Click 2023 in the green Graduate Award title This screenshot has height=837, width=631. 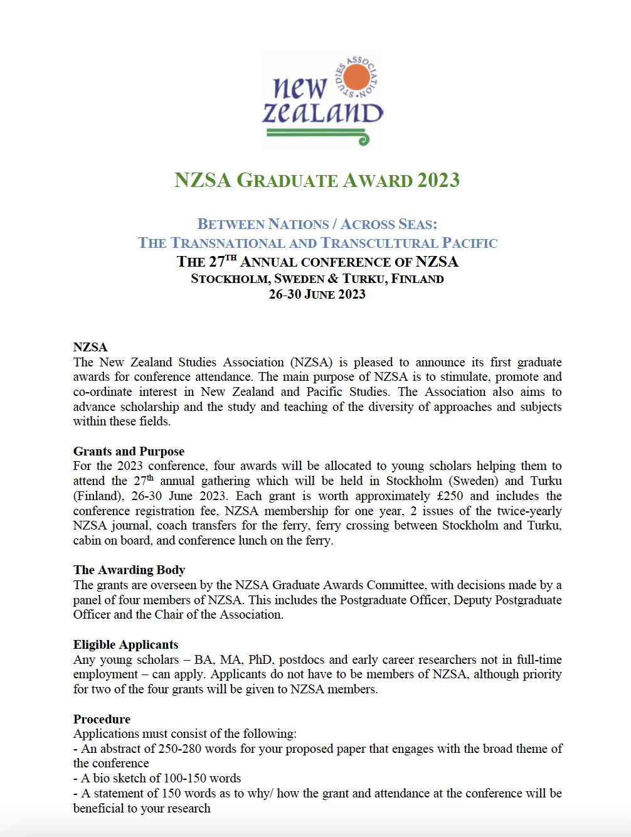438,180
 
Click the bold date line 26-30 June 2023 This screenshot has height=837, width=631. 317,294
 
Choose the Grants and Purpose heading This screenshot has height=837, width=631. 129,451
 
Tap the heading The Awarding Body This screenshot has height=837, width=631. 129,570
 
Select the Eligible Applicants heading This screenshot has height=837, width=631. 125,644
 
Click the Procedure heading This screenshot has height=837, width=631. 102,719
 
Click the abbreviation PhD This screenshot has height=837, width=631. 260,659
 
